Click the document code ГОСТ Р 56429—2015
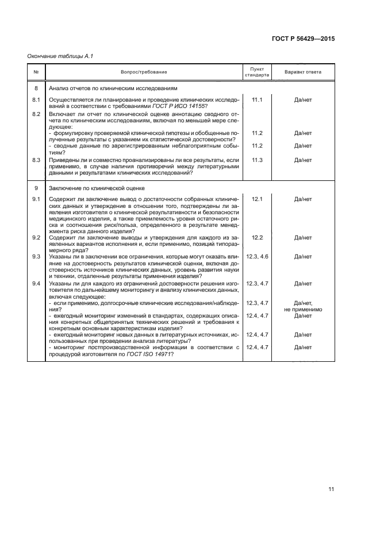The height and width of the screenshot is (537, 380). [x=303, y=39]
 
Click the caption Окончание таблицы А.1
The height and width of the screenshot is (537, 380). [x=60, y=56]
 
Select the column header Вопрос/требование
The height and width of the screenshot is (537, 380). [x=144, y=72]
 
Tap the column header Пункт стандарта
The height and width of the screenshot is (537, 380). [x=257, y=72]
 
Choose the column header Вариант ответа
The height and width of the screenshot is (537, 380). [x=303, y=72]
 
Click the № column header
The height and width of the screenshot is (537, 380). [x=36, y=72]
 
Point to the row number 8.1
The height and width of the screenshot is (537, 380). [x=36, y=100]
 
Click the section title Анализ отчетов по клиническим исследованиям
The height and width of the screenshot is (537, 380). [x=113, y=88]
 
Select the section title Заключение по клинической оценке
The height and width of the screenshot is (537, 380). [x=97, y=188]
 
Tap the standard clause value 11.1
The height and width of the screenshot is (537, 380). [x=257, y=100]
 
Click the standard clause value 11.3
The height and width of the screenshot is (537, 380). [x=257, y=160]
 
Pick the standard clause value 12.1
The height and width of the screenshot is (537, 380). [x=257, y=199]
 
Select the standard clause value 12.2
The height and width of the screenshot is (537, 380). [x=257, y=237]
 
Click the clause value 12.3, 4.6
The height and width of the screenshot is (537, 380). [x=257, y=256]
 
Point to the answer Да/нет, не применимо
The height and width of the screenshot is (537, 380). [x=303, y=306]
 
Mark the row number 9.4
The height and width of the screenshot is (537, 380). [x=36, y=284]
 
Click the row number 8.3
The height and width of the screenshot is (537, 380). [x=36, y=160]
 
